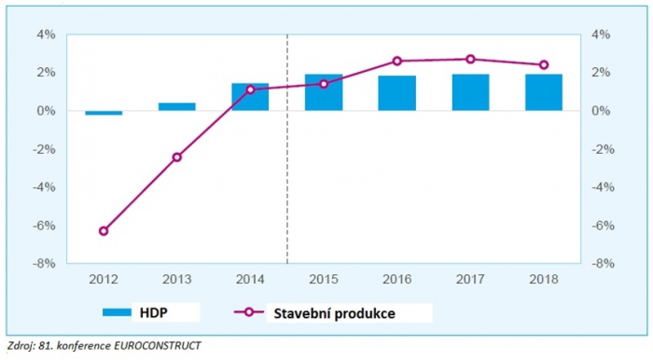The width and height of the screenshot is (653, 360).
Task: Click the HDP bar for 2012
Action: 104,113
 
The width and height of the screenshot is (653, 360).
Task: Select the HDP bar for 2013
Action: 177,106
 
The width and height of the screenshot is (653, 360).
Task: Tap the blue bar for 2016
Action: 396,93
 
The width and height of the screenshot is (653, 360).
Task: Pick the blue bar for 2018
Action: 544,92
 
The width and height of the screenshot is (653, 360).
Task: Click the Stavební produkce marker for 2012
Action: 104,231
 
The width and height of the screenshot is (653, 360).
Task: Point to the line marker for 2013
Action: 177,157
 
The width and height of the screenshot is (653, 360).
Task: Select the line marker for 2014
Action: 251,90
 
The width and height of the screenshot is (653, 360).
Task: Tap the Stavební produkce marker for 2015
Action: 324,84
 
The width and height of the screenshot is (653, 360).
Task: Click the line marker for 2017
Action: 470,59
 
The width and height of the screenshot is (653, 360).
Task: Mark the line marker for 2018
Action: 544,65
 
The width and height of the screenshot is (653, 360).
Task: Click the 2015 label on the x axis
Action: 324,279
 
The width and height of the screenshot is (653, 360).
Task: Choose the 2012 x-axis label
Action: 104,279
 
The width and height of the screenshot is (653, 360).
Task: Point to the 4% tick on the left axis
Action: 45,35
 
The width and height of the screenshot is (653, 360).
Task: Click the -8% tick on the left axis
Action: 43,264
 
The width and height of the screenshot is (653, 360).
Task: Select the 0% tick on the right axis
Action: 601,111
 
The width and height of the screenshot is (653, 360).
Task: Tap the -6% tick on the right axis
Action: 603,226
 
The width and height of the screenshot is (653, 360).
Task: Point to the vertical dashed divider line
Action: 287,187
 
